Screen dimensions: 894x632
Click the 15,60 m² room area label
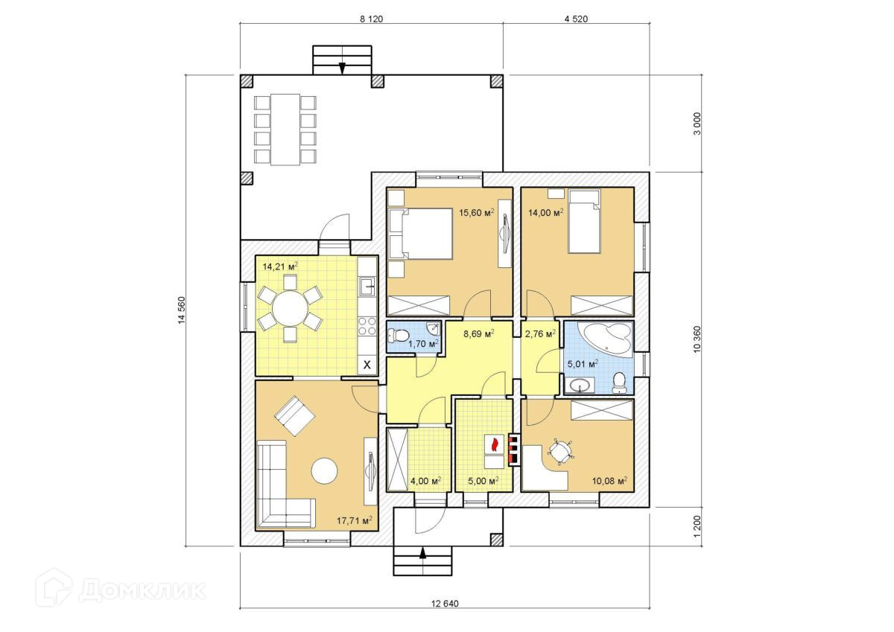click(x=477, y=212)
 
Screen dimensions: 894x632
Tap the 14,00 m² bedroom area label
click(x=545, y=212)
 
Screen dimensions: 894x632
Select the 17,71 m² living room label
click(x=355, y=520)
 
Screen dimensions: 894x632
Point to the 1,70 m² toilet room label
click(x=423, y=343)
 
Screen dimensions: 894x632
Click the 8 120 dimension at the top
click(x=371, y=19)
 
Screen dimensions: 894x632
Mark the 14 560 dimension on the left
click(x=182, y=310)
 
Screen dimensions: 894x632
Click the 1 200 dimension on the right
click(x=697, y=526)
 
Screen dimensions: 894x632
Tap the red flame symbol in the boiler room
click(x=495, y=444)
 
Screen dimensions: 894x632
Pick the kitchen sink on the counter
click(x=367, y=287)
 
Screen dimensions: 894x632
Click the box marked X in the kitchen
click(x=367, y=365)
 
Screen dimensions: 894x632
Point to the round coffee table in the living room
click(x=324, y=471)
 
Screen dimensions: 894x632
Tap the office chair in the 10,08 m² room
click(x=561, y=452)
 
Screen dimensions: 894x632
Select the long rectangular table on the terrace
click(x=285, y=130)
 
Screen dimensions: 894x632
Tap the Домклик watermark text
click(x=142, y=590)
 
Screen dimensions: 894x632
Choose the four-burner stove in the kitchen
click(x=367, y=325)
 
